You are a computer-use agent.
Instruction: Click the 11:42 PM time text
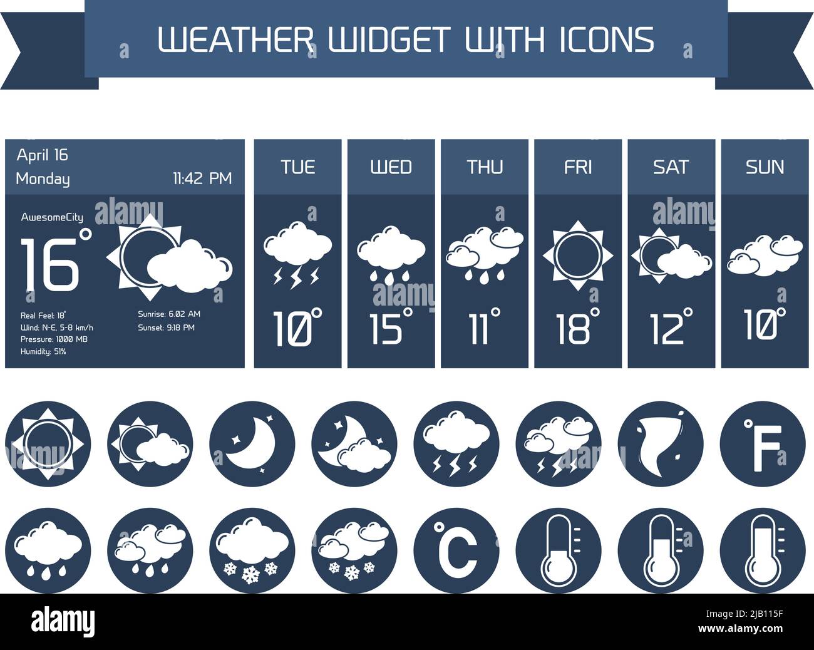point(202,178)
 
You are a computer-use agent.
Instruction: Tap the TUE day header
point(297,167)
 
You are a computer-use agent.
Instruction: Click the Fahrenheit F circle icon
point(762,444)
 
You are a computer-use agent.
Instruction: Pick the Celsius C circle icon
point(456,550)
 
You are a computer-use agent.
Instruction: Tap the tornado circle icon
point(660,444)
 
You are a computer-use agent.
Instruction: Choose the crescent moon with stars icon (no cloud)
point(252,444)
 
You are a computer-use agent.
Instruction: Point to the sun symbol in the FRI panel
point(577,255)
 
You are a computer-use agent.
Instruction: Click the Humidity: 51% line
point(43,352)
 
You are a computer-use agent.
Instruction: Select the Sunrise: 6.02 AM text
point(169,314)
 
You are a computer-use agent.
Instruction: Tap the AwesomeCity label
point(52,217)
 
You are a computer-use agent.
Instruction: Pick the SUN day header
point(765,167)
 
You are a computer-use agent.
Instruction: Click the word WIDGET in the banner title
point(389,39)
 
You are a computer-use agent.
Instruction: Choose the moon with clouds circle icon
point(354,444)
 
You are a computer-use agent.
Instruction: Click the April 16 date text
point(42,155)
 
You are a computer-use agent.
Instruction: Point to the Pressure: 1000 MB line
point(54,339)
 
